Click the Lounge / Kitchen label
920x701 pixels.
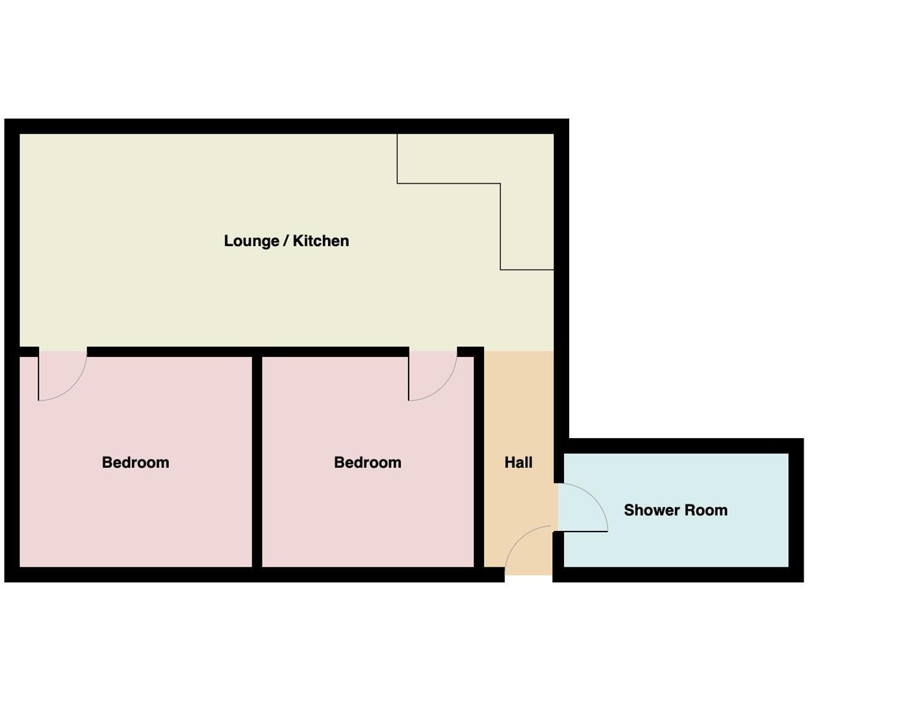coord(286,241)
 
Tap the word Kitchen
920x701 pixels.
coord(320,241)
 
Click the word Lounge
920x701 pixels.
coord(251,241)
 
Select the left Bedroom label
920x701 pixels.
coord(135,462)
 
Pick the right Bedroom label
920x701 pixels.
coord(367,462)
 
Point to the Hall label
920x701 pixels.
coord(518,462)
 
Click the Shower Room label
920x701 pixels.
coord(675,510)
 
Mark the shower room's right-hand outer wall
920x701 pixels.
coord(796,510)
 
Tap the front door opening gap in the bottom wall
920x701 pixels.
coord(528,575)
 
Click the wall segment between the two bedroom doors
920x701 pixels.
coord(247,352)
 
